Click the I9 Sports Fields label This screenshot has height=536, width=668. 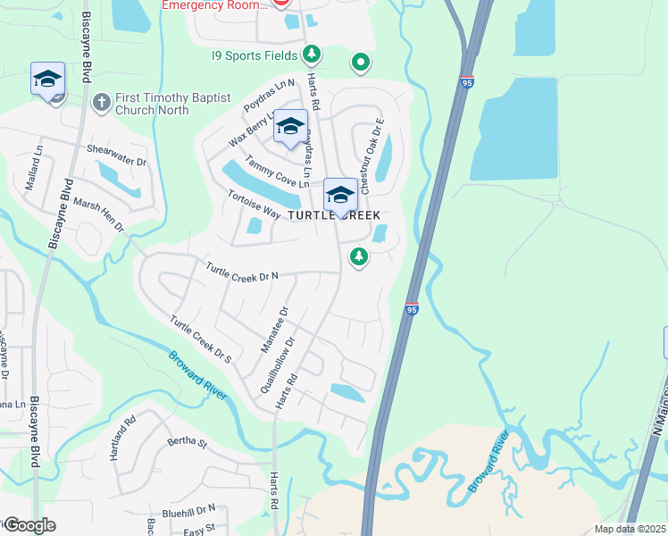pos(255,55)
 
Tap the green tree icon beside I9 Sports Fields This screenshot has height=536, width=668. pos(312,55)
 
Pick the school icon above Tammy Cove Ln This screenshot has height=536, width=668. pos(290,127)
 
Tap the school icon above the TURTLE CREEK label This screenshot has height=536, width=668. pos(340,194)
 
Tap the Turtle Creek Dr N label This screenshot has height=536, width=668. pos(242,271)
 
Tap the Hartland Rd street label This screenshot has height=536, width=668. pos(121,437)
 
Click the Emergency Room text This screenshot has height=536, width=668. pos(214,5)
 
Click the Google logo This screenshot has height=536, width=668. pos(29,525)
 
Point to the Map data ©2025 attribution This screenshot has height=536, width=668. pos(630,529)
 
